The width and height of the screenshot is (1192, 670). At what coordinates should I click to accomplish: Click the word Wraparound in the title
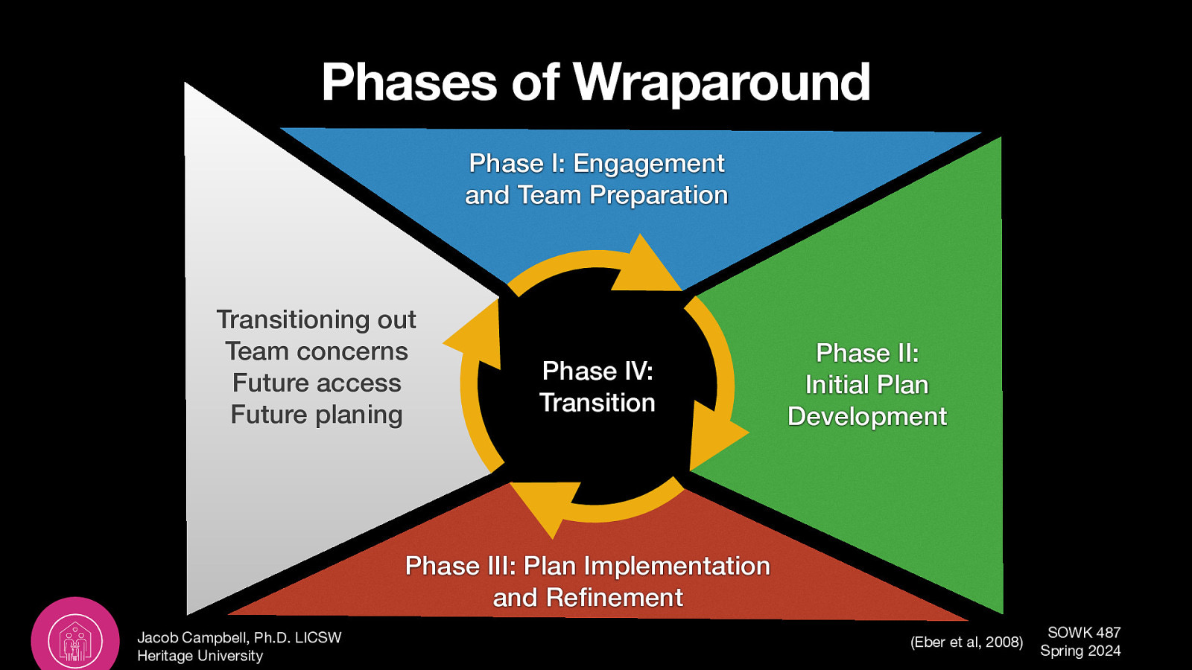[721, 82]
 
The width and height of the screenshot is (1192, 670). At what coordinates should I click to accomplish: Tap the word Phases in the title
[409, 82]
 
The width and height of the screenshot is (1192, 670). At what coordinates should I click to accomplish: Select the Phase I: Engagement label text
[596, 163]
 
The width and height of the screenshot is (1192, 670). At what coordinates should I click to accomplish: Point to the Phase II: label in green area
[867, 353]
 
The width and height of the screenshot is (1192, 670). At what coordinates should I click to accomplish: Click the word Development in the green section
[867, 416]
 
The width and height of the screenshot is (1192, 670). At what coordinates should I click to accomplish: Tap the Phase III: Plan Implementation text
[587, 566]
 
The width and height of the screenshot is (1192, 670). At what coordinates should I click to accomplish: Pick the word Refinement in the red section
[614, 598]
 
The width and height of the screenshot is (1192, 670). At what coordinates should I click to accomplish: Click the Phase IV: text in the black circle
[597, 371]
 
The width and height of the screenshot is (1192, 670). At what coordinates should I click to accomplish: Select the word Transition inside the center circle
[597, 403]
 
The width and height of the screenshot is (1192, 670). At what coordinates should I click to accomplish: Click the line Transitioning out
[316, 319]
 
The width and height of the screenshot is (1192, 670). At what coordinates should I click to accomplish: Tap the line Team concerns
[317, 351]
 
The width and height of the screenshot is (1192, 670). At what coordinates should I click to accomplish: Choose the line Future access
[317, 383]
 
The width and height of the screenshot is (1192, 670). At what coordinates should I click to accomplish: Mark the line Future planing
[317, 415]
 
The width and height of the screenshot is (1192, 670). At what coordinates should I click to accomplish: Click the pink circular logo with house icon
[75, 639]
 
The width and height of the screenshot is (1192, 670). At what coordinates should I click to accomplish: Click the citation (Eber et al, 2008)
[966, 642]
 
